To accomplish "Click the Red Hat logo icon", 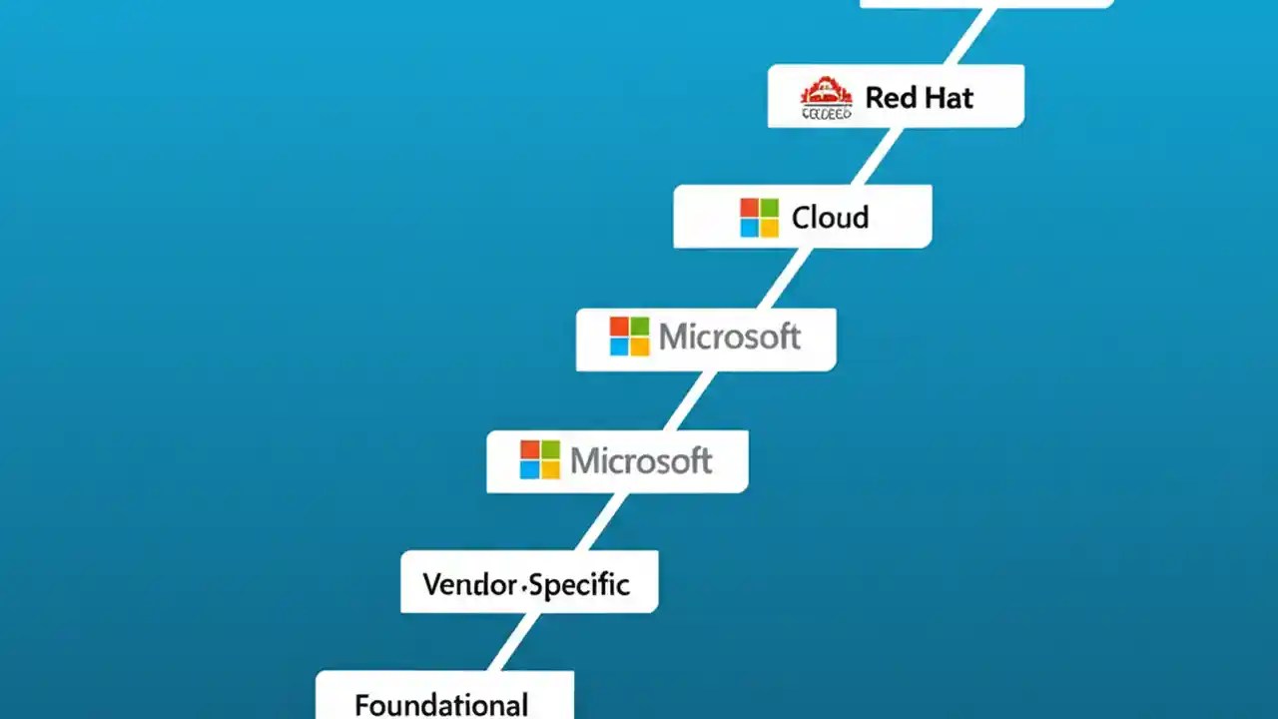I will pyautogui.click(x=826, y=98).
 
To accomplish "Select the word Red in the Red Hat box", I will pyautogui.click(x=886, y=98).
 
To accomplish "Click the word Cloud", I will pyautogui.click(x=830, y=218).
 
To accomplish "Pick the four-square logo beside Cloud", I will pyautogui.click(x=759, y=218).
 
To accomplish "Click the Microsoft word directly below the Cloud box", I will pyautogui.click(x=730, y=338).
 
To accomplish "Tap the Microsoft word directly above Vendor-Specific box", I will pyautogui.click(x=641, y=460).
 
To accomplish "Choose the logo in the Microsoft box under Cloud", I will pyautogui.click(x=629, y=338).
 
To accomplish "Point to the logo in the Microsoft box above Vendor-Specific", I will pyautogui.click(x=540, y=460).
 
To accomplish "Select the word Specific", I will pyautogui.click(x=580, y=584).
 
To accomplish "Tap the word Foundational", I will pyautogui.click(x=441, y=705).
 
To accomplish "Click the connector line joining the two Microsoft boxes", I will pyautogui.click(x=689, y=400).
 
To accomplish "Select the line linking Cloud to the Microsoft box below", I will pyautogui.click(x=784, y=278).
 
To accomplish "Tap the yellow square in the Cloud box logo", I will pyautogui.click(x=769, y=228).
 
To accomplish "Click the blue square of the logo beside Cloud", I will pyautogui.click(x=749, y=228).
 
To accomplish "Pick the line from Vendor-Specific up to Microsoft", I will pyautogui.click(x=602, y=521).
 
